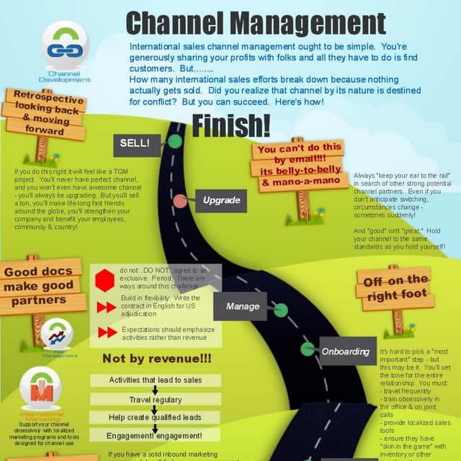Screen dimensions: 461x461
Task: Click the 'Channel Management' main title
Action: tap(255, 22)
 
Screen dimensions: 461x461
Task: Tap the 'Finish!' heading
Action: tap(230, 125)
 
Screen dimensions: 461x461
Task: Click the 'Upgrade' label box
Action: tap(221, 200)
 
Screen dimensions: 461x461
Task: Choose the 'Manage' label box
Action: tap(243, 306)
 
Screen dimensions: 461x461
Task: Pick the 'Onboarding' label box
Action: tap(345, 352)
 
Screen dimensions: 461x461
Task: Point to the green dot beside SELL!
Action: tap(174, 141)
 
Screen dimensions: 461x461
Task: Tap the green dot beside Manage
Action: tap(281, 310)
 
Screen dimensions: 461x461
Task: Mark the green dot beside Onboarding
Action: tap(308, 349)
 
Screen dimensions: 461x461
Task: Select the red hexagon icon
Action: tap(106, 279)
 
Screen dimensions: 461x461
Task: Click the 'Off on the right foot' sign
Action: tap(396, 288)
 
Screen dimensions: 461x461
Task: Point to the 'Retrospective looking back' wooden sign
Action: tap(45, 114)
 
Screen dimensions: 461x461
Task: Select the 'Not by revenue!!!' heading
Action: tap(156, 359)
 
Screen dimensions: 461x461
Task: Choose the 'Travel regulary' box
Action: tap(155, 399)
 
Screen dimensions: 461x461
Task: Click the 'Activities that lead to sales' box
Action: tap(155, 380)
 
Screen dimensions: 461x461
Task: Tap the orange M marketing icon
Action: tap(40, 390)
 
